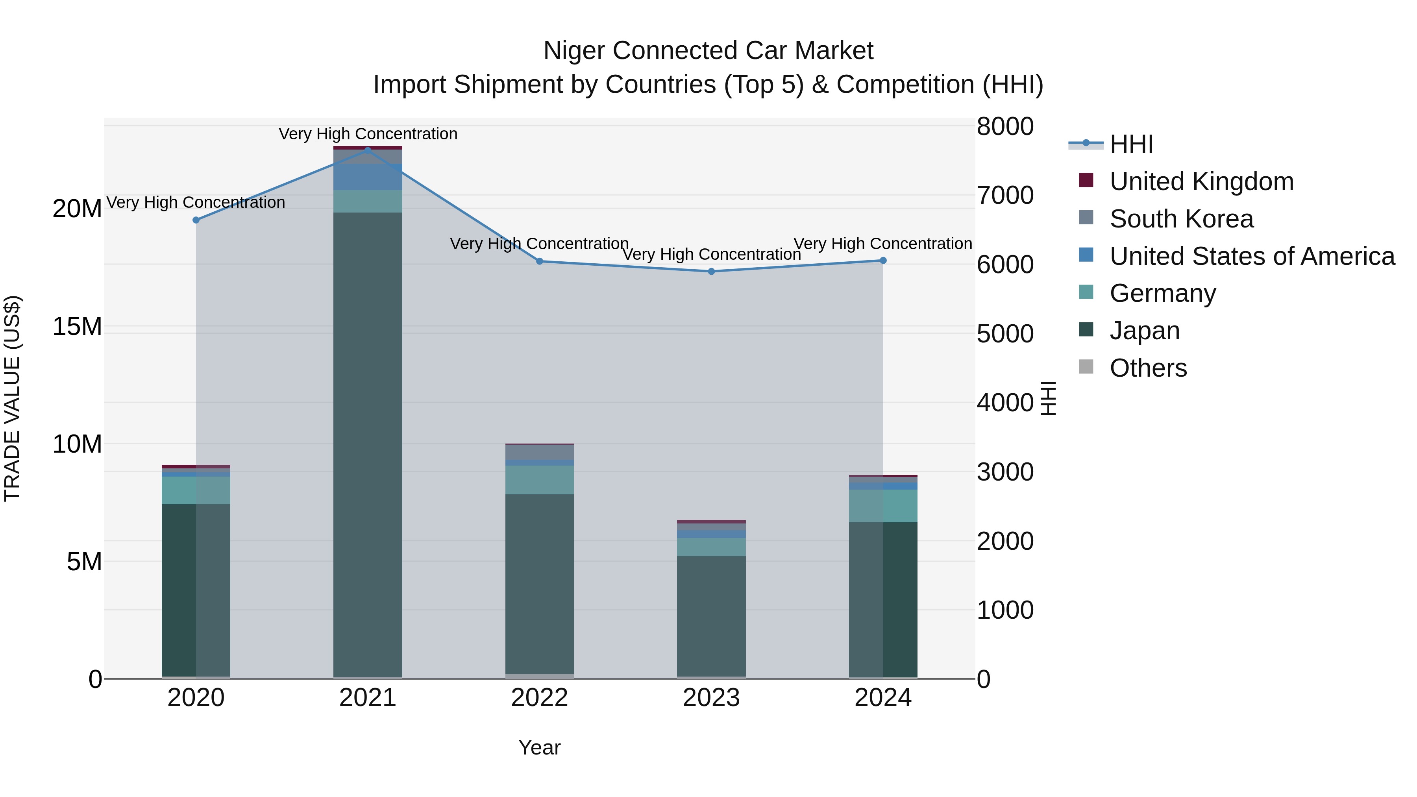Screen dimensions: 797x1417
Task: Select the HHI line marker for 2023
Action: tap(711, 271)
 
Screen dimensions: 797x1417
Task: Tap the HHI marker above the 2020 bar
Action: tap(196, 220)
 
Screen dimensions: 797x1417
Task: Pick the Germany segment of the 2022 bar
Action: tap(539, 480)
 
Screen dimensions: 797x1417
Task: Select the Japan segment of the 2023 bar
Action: tap(711, 616)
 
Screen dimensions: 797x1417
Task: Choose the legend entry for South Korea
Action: tap(1181, 219)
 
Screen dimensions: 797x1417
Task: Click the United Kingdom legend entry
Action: tap(1201, 181)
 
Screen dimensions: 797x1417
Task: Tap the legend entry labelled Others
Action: tap(1148, 368)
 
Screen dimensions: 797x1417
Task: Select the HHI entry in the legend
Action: tap(1131, 144)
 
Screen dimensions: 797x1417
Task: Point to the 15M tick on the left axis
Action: tap(77, 327)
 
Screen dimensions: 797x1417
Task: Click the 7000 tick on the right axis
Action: tap(1004, 195)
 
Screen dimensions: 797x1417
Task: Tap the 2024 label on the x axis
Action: tap(883, 698)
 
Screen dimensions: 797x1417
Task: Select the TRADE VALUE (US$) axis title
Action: tap(12, 398)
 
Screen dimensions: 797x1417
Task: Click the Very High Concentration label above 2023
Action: tap(711, 255)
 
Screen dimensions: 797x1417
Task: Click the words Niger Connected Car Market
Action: tap(708, 51)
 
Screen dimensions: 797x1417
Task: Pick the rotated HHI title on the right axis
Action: tap(1049, 398)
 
